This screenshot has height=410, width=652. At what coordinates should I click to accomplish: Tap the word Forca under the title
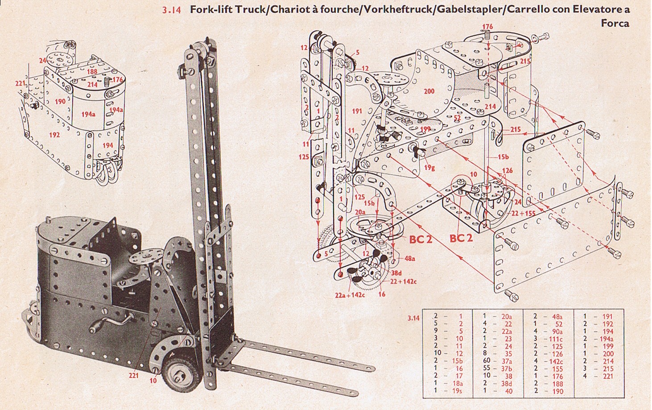pyautogui.click(x=615, y=23)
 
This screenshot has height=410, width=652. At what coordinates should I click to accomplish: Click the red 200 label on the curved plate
pyautogui.click(x=429, y=91)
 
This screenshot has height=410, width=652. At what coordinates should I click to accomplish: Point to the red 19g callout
pyautogui.click(x=429, y=168)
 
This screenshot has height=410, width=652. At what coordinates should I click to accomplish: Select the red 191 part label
pyautogui.click(x=357, y=111)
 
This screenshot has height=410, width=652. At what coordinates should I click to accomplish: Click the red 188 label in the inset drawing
pyautogui.click(x=92, y=71)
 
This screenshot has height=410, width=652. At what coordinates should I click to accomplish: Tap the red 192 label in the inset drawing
pyautogui.click(x=54, y=134)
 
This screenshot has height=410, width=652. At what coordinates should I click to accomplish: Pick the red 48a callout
pyautogui.click(x=409, y=258)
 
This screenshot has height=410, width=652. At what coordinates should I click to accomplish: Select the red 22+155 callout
pyautogui.click(x=523, y=213)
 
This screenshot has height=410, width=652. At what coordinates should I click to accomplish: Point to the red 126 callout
pyautogui.click(x=507, y=170)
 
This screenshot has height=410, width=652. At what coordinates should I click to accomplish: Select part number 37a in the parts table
pyautogui.click(x=506, y=361)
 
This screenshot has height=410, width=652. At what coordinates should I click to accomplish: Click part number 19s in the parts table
pyautogui.click(x=457, y=391)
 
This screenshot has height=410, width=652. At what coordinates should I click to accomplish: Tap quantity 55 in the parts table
pyautogui.click(x=487, y=369)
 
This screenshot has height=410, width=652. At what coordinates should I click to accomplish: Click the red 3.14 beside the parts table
pyautogui.click(x=413, y=318)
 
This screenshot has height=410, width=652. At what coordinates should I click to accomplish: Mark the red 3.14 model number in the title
pyautogui.click(x=171, y=10)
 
